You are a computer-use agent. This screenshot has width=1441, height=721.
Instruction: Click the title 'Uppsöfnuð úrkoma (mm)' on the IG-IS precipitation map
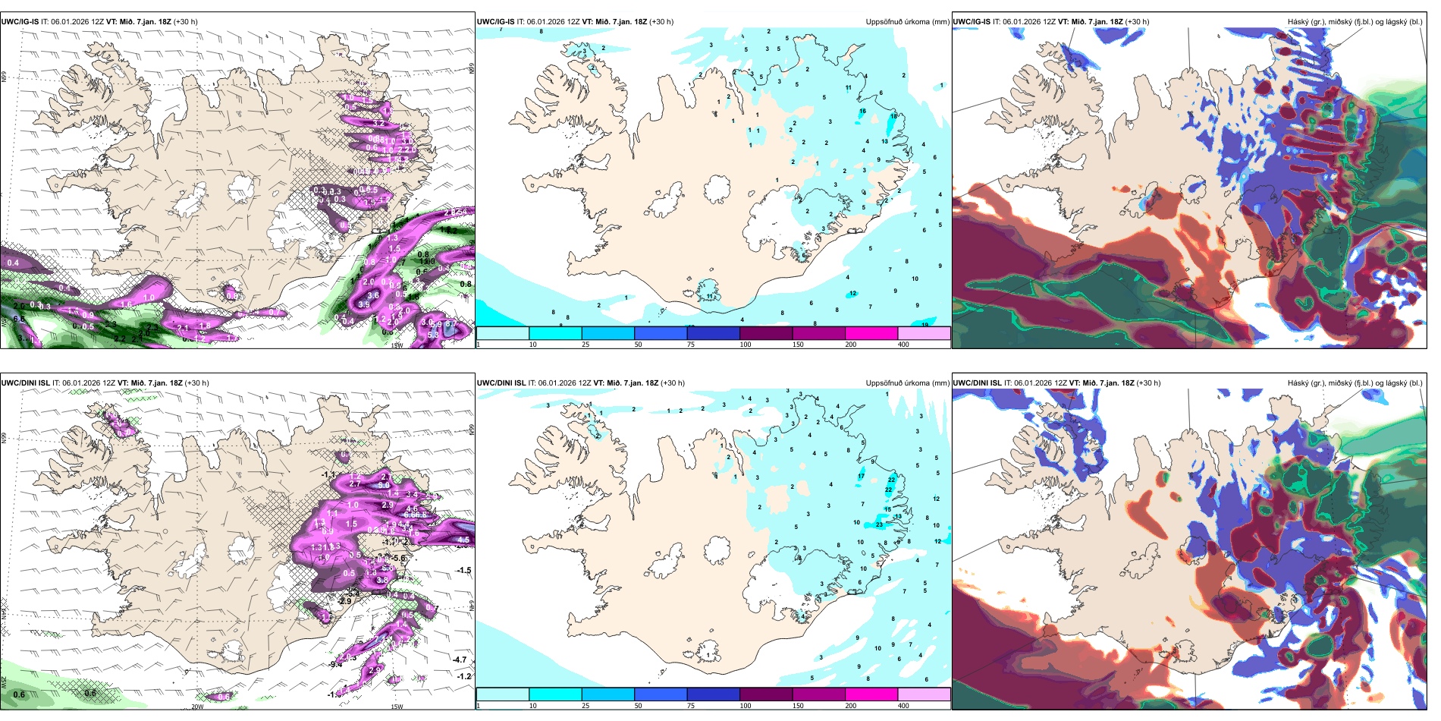coord(907,22)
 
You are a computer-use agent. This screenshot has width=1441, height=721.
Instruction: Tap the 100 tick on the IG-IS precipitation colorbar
coord(746,345)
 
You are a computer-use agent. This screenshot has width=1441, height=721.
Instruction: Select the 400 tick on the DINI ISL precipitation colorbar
coord(903,706)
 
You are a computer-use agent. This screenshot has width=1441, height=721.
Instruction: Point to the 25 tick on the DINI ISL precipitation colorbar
coord(586,706)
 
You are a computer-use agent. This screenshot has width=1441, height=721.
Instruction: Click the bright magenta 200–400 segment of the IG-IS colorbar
coord(871,333)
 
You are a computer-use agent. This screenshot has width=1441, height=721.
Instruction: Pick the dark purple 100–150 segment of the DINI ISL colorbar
coord(766,694)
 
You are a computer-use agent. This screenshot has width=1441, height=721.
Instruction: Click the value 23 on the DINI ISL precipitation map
coord(879,524)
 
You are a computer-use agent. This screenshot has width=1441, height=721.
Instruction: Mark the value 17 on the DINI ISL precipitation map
coord(861,477)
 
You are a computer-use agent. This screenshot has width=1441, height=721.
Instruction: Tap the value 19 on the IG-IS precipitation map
coord(925,325)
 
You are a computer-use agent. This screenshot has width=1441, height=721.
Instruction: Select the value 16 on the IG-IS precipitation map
coord(862,112)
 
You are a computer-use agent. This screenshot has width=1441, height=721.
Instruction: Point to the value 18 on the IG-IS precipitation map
coord(893,116)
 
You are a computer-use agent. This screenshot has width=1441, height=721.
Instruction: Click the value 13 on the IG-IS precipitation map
coord(884,141)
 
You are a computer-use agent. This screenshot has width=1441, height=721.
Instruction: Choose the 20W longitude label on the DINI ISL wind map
coord(197,707)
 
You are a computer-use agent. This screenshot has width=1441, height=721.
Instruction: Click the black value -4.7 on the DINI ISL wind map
coord(460,660)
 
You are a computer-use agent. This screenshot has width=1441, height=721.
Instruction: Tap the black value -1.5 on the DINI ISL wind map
coord(463,570)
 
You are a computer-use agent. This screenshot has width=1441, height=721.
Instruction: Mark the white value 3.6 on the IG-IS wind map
coord(372,295)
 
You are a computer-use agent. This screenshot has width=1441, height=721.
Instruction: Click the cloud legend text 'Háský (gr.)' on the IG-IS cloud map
coord(1307,22)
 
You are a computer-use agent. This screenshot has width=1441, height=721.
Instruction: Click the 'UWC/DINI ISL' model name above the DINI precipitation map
coord(501,383)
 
